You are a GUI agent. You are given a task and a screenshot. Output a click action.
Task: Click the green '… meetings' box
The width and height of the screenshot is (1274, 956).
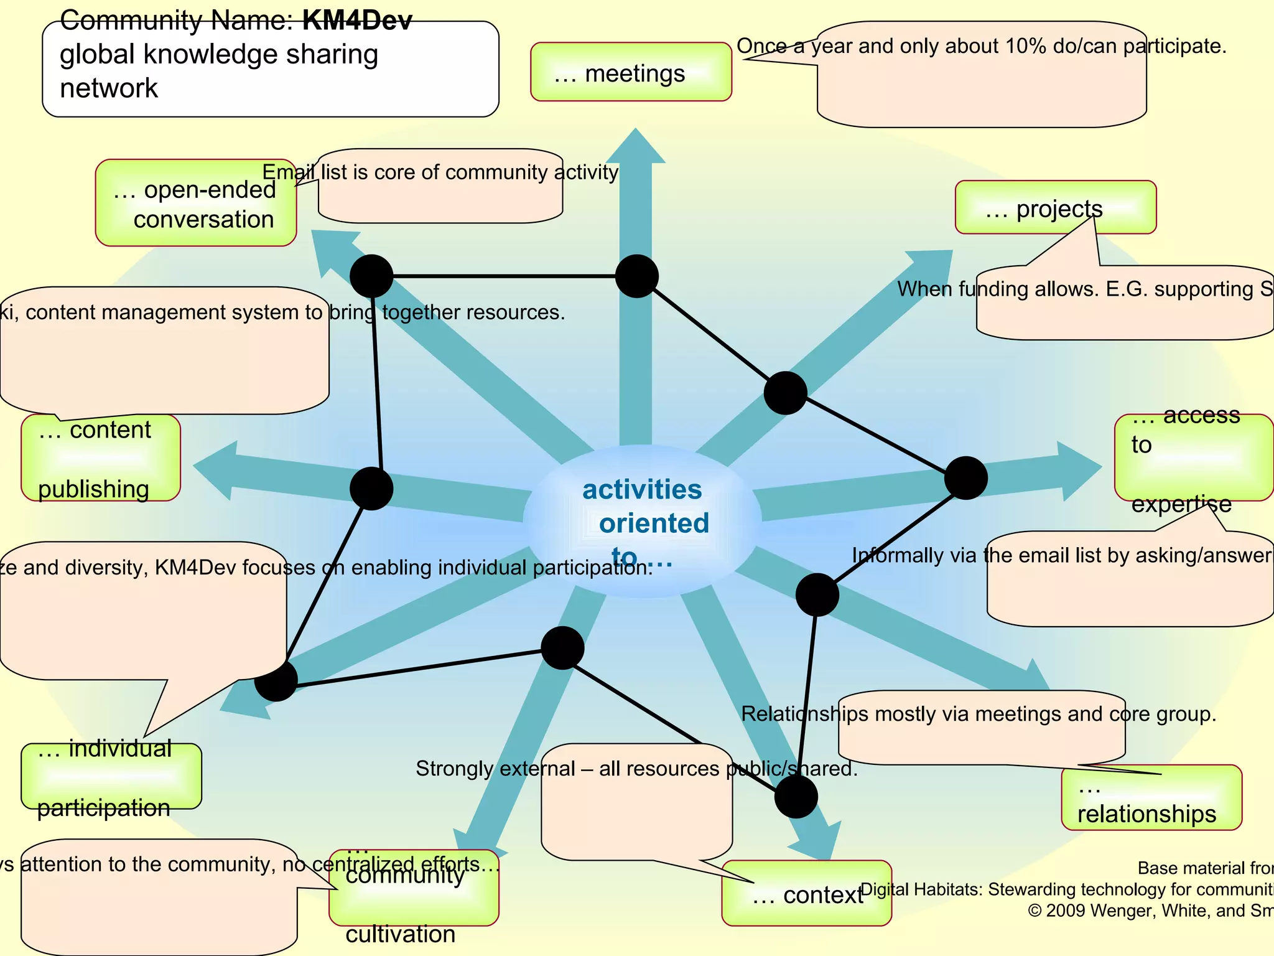[x=630, y=72]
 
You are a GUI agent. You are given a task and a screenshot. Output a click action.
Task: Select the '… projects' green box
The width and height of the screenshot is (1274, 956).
[x=1055, y=207]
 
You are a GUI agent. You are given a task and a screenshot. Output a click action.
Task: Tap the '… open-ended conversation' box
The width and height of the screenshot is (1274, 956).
[x=195, y=204]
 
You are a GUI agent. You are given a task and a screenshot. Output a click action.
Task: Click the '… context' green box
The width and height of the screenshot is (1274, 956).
[x=806, y=893]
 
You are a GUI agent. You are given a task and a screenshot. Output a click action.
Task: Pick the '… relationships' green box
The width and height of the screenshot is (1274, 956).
[x=1151, y=798]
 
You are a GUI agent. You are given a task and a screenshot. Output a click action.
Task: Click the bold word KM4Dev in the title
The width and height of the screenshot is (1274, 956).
[x=357, y=21]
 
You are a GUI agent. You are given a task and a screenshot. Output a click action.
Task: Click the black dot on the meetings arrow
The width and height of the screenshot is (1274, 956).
[x=636, y=276]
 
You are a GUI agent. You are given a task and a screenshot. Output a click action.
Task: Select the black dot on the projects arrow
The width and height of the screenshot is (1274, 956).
[x=785, y=393]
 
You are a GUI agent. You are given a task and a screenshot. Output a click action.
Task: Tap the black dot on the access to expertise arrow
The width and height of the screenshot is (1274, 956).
[x=965, y=478]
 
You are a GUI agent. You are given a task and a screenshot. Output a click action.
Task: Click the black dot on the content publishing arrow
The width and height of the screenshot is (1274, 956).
[x=371, y=489]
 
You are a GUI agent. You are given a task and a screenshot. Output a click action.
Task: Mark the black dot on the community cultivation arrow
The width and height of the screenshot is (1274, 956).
[x=562, y=648]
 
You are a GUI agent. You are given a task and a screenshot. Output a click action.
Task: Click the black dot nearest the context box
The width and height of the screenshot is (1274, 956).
[x=796, y=796]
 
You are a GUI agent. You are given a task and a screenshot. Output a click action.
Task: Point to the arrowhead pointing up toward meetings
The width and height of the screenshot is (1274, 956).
[x=635, y=147]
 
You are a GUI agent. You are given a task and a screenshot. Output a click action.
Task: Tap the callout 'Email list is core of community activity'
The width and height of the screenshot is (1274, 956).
[x=440, y=172]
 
